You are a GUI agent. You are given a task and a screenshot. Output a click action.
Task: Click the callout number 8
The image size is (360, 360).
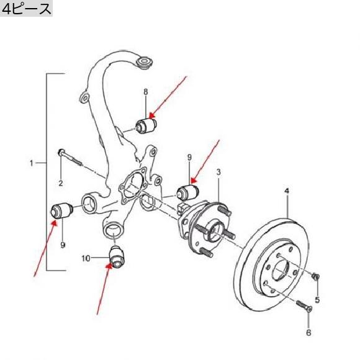[x=146, y=92]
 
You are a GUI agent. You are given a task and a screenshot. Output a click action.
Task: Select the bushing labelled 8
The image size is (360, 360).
[x=146, y=125]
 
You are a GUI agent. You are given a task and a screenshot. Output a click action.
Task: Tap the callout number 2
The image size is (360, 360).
[x=61, y=183]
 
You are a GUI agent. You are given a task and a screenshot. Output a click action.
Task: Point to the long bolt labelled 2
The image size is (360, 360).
[x=70, y=157]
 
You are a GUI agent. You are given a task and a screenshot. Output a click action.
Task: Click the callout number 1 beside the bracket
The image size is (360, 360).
[x=32, y=163]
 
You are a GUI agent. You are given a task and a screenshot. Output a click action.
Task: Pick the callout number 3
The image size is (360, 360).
[x=218, y=172]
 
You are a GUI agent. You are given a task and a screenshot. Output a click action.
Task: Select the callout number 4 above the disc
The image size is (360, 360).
[x=287, y=191]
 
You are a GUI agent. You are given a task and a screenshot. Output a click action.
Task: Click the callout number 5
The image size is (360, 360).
[x=317, y=300]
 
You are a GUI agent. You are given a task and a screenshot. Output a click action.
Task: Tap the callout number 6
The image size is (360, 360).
[x=308, y=332]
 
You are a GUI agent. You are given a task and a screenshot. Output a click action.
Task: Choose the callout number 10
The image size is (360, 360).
[x=86, y=259]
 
